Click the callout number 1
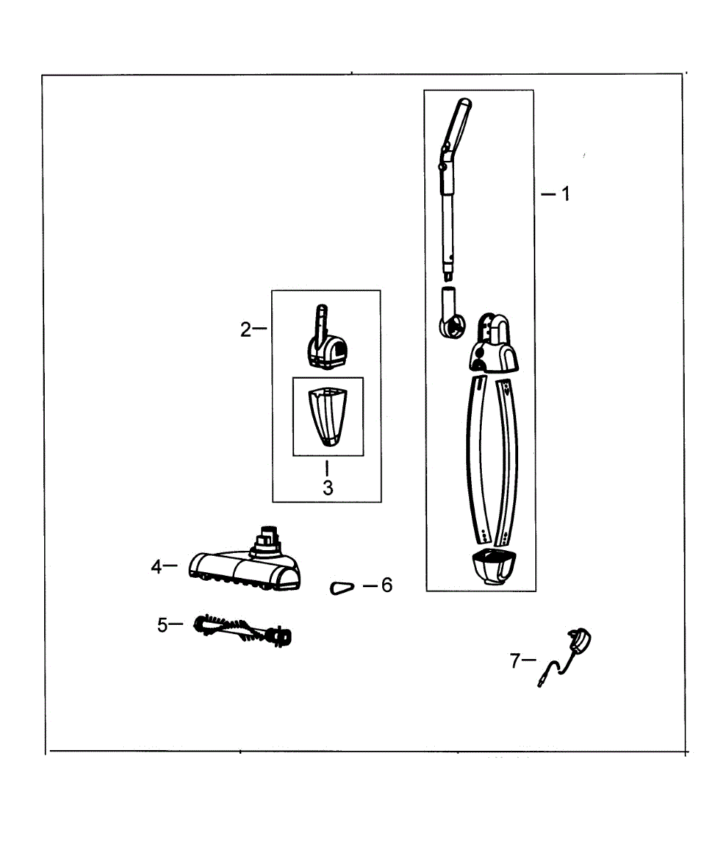[x=566, y=194]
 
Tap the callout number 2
[x=246, y=330]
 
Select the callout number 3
[x=328, y=487]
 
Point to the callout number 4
[x=157, y=567]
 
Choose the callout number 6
[x=386, y=585]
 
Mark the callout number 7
[x=515, y=661]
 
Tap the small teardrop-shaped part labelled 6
[x=342, y=588]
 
